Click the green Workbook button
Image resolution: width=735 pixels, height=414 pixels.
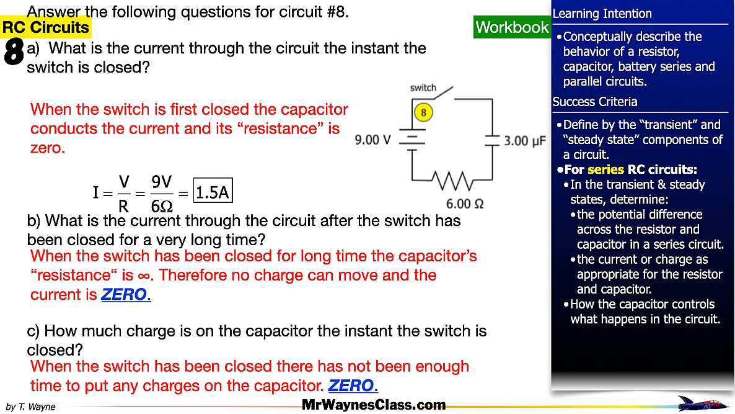[512, 27]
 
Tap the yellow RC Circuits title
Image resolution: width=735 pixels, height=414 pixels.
[46, 27]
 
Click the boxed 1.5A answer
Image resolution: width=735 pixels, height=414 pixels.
[213, 193]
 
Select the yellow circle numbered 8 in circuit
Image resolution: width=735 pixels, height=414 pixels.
[423, 113]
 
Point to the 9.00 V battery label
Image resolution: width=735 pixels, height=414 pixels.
[372, 140]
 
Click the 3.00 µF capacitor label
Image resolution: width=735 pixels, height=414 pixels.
[524, 141]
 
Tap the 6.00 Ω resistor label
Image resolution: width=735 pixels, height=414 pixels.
[465, 204]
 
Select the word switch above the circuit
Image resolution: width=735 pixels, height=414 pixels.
[423, 88]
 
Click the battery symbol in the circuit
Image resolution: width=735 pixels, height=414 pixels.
[412, 140]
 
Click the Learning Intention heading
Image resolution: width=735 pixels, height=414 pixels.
[602, 14]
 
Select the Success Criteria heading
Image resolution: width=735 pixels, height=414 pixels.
[594, 102]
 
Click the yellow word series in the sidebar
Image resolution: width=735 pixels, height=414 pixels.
[605, 169]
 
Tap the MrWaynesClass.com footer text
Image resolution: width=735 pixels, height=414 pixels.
[374, 405]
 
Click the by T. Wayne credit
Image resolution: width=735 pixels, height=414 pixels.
[30, 407]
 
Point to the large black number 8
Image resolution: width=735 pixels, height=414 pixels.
[14, 52]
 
